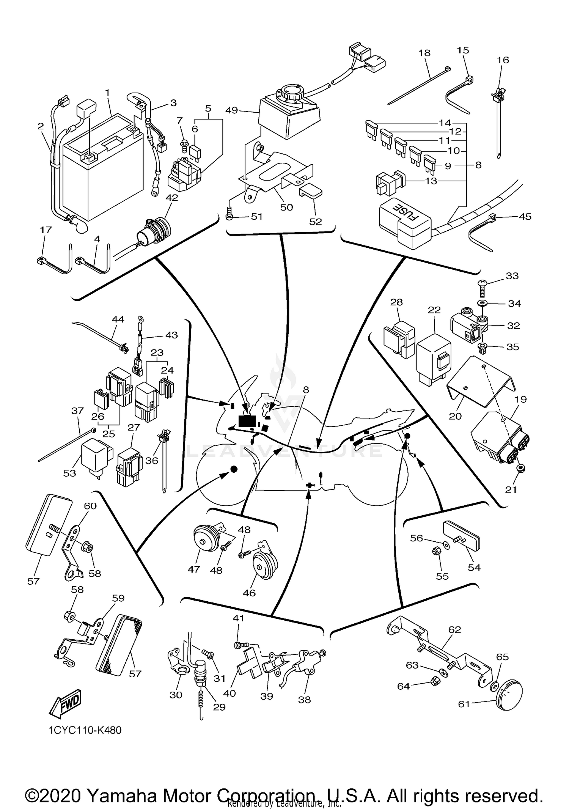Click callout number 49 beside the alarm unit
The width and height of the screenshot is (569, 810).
click(x=231, y=110)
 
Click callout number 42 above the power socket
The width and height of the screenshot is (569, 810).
click(x=171, y=198)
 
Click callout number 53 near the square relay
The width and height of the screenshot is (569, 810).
click(x=70, y=473)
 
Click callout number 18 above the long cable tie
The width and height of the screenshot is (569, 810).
click(x=424, y=53)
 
